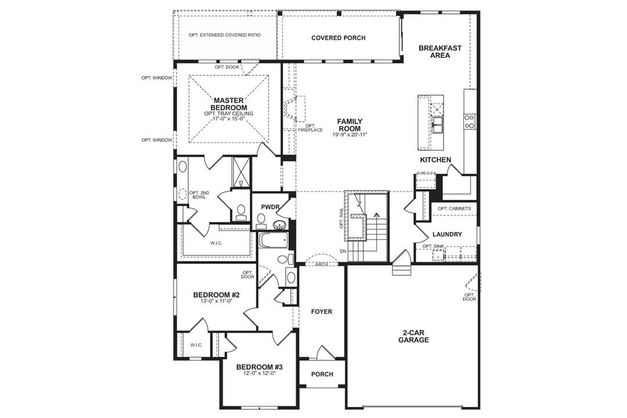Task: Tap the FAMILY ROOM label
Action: pyautogui.click(x=349, y=125)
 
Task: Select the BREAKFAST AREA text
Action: pyautogui.click(x=440, y=52)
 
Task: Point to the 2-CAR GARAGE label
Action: pyautogui.click(x=413, y=336)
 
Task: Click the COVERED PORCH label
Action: pyautogui.click(x=338, y=38)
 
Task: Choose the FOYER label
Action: pyautogui.click(x=322, y=312)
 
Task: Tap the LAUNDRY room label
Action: pyautogui.click(x=447, y=235)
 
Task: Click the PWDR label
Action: pyautogui.click(x=271, y=206)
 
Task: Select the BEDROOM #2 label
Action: pyautogui.click(x=217, y=295)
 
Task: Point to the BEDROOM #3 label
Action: pyautogui.click(x=259, y=367)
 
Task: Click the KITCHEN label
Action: pyautogui.click(x=435, y=160)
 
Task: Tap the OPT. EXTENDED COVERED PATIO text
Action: pyautogui.click(x=225, y=35)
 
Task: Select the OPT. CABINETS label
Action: pyautogui.click(x=454, y=208)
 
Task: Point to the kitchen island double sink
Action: pyautogui.click(x=437, y=123)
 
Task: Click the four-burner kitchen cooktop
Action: pyautogui.click(x=469, y=121)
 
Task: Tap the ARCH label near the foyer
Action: pyautogui.click(x=322, y=264)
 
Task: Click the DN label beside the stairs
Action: pyautogui.click(x=344, y=251)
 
